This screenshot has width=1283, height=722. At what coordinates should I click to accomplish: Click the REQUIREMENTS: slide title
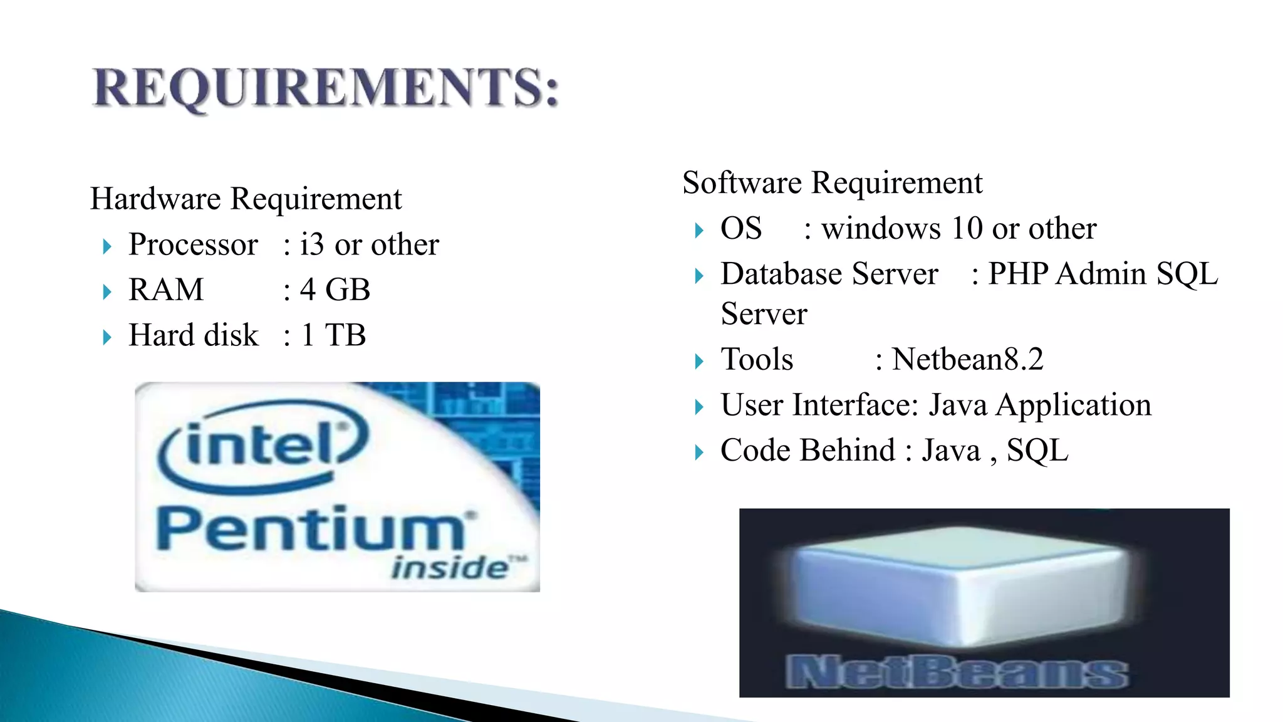coord(325,88)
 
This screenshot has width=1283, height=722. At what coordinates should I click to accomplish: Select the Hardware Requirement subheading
coord(246,199)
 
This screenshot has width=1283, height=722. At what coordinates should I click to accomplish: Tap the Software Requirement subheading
coord(832,183)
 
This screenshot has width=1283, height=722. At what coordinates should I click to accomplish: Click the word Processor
coord(193,244)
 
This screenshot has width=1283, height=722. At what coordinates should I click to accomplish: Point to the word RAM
coord(166,290)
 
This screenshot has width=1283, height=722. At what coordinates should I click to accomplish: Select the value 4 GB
coord(335,290)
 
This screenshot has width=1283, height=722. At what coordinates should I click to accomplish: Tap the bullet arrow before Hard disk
coord(107,337)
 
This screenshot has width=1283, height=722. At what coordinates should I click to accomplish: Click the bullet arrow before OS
coord(699,231)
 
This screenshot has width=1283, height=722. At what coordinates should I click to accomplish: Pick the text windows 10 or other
coord(958,228)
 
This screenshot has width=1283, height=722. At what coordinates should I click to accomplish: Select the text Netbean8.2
coord(967,360)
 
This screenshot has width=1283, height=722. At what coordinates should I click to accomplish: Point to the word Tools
coord(757,360)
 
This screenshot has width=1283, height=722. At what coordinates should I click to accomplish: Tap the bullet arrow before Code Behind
coord(699,453)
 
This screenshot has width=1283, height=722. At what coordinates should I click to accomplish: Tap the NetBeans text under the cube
coord(957,672)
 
